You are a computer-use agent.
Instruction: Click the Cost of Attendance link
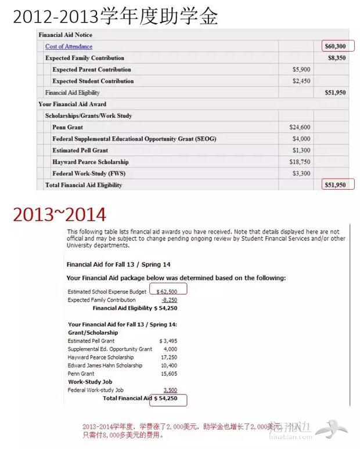[69, 46]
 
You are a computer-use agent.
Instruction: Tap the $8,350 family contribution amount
[337, 58]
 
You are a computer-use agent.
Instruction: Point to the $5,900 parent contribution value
[301, 70]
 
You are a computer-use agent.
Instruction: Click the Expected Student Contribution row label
[93, 81]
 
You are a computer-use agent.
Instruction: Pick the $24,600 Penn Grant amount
[300, 127]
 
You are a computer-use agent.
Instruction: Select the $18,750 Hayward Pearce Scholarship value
[300, 162]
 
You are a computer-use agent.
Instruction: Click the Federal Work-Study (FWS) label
[89, 173]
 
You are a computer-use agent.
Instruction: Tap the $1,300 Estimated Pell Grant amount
[301, 150]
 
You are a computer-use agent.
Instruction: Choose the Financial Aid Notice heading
[66, 35]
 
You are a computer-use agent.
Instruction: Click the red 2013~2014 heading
[60, 215]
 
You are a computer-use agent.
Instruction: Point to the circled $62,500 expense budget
[167, 291]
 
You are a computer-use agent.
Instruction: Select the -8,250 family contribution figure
[169, 300]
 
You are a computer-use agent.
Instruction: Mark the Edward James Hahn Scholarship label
[105, 365]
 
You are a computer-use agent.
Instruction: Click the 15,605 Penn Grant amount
[168, 374]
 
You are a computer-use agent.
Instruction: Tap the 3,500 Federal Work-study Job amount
[170, 390]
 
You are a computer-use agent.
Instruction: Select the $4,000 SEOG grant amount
[301, 139]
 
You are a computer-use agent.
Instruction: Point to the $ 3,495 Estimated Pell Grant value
[168, 341]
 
